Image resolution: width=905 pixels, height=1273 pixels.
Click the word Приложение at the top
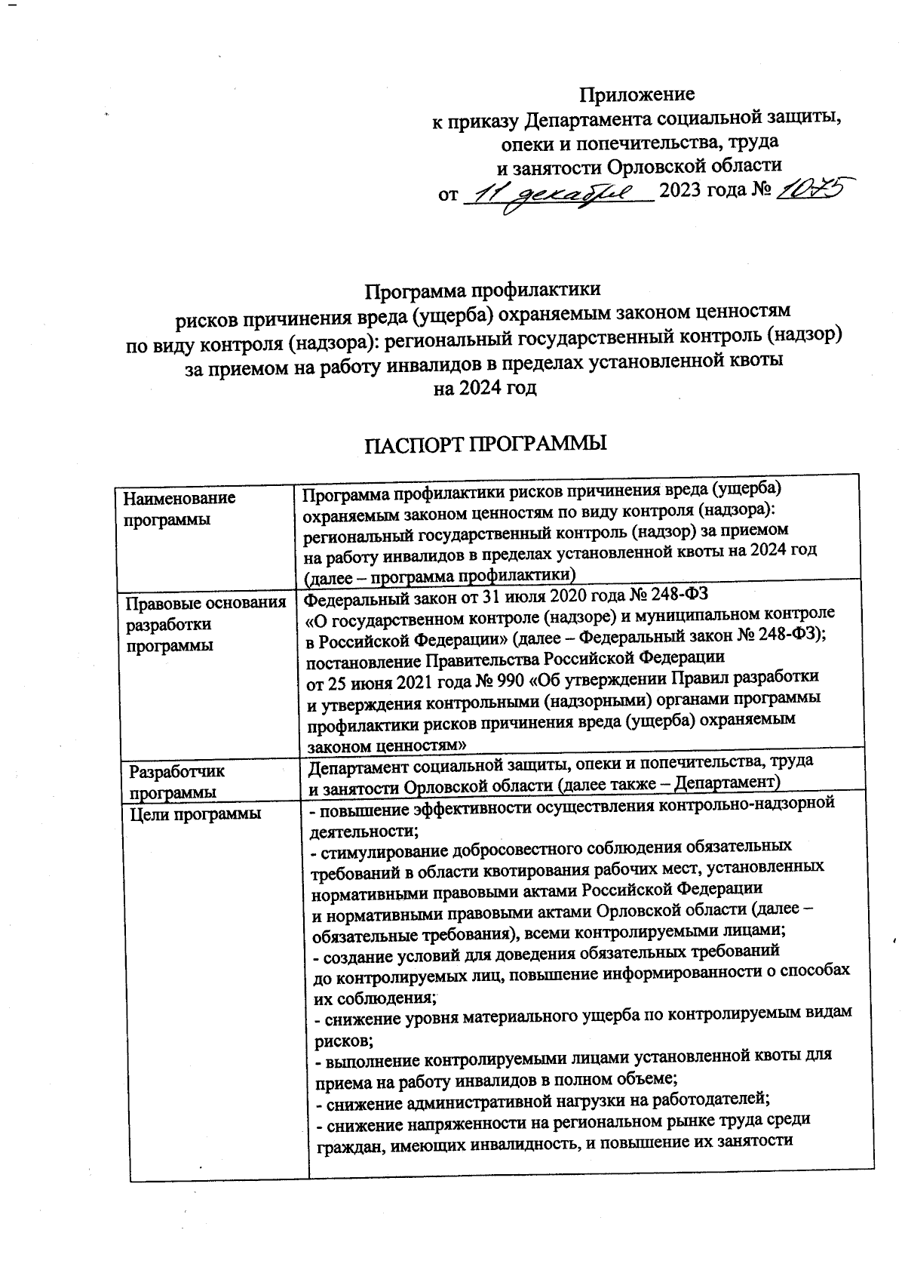click(637, 94)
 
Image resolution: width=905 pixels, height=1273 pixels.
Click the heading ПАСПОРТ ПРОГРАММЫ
click(486, 444)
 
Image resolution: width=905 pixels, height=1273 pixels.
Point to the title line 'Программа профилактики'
click(483, 290)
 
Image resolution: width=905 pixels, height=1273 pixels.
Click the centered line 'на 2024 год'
click(483, 389)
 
